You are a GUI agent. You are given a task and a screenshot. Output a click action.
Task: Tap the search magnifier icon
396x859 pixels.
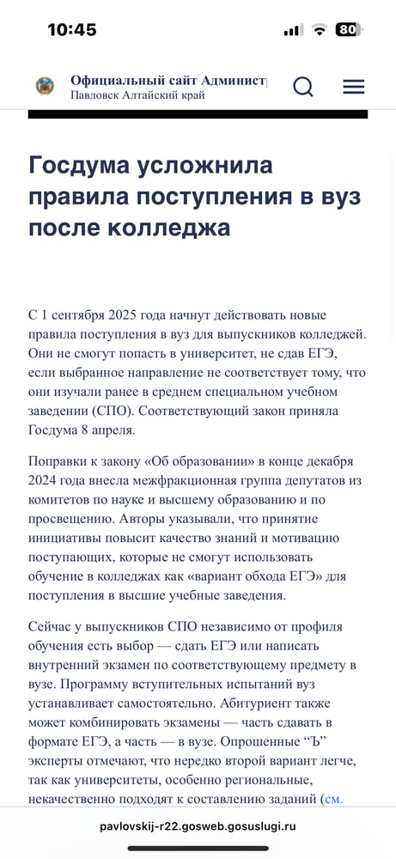tap(302, 87)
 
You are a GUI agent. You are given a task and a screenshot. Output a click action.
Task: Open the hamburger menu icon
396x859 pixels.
tap(353, 87)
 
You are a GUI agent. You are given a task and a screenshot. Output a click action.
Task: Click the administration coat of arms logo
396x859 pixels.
tap(45, 86)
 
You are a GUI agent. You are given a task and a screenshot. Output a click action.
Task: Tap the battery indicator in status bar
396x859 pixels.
tap(349, 29)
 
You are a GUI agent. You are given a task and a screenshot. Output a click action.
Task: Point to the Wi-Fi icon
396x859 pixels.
tap(320, 30)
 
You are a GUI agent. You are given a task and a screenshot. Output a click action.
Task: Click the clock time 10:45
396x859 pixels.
tap(71, 30)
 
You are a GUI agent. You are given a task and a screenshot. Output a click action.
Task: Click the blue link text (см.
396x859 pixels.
tap(332, 798)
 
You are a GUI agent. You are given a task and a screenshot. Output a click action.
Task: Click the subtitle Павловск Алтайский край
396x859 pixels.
tap(137, 95)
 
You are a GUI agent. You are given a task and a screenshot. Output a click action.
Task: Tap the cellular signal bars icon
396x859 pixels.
tap(293, 30)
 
